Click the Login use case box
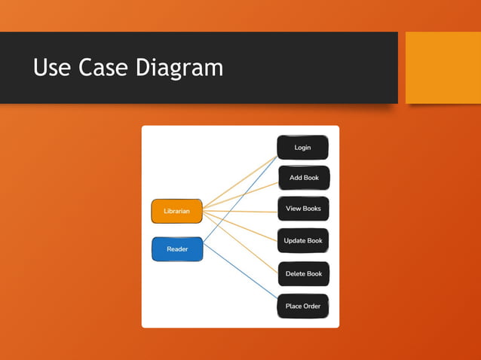[302, 148]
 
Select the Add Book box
[304, 178]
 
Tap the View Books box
[303, 209]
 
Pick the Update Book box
[303, 241]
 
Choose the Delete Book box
[303, 273]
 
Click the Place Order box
[303, 307]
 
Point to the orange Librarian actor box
[176, 212]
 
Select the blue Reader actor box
[177, 249]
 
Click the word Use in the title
[54, 68]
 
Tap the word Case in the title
[106, 68]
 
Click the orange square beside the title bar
[443, 67]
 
